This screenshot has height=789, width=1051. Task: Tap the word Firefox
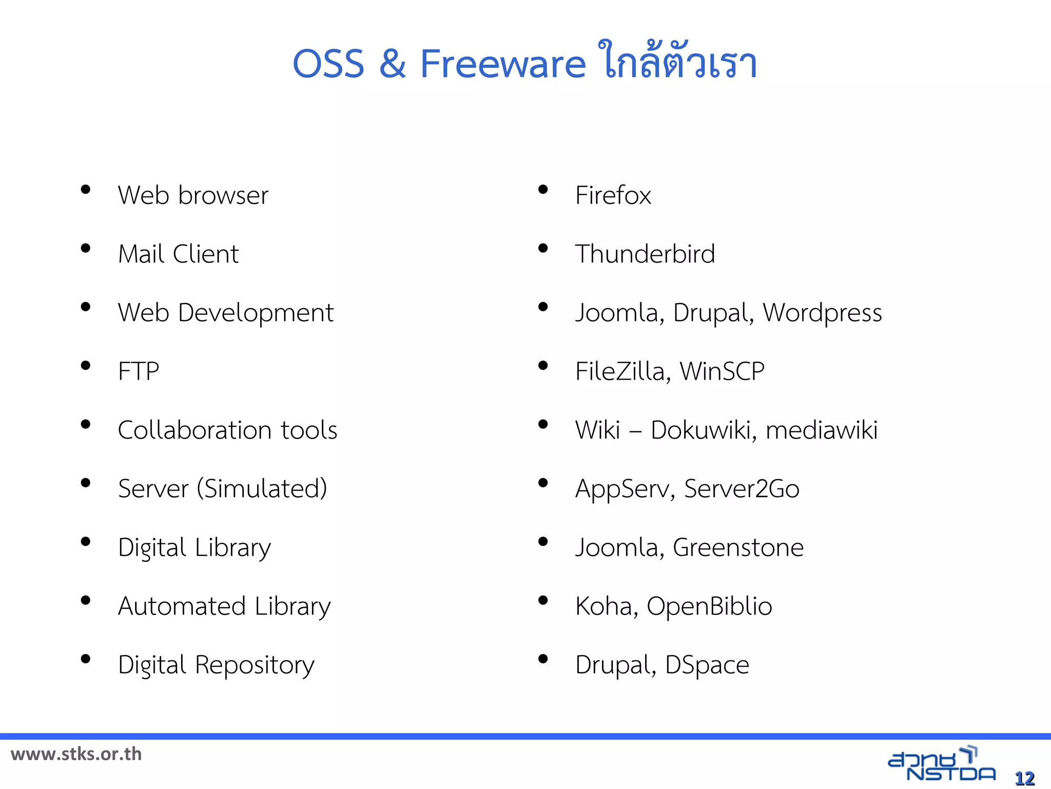(x=613, y=196)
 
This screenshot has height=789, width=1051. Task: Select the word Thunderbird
(x=645, y=254)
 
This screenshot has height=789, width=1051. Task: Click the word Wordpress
(x=822, y=313)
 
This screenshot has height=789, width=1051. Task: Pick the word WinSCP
(x=722, y=371)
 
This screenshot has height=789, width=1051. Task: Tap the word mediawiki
(x=821, y=430)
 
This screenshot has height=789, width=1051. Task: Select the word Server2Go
(x=742, y=489)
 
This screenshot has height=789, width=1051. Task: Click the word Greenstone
(x=738, y=548)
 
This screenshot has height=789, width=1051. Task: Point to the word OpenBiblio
(x=709, y=606)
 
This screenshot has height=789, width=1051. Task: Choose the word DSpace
(x=707, y=665)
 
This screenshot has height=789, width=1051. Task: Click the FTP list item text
(x=139, y=371)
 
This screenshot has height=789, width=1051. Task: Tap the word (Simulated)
(x=262, y=489)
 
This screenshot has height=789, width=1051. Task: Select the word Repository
(x=255, y=665)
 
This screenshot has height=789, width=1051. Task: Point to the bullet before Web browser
(x=86, y=190)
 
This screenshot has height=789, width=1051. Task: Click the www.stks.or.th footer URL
(x=76, y=754)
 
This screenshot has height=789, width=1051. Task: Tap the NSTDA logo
(x=941, y=764)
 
